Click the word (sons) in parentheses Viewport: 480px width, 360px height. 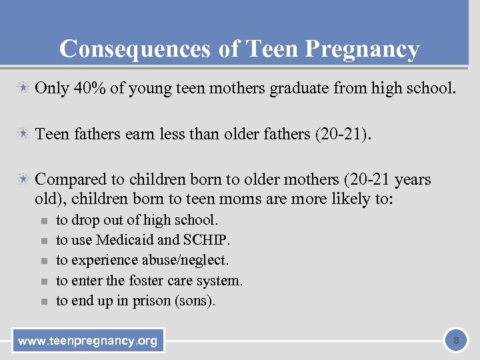click(x=194, y=301)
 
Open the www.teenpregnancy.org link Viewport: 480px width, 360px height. click(x=88, y=341)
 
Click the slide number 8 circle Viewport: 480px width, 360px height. click(x=456, y=341)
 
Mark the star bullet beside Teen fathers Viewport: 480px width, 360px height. click(x=23, y=135)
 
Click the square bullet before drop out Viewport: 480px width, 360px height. click(x=42, y=221)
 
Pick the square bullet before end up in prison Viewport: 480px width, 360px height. click(x=42, y=301)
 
